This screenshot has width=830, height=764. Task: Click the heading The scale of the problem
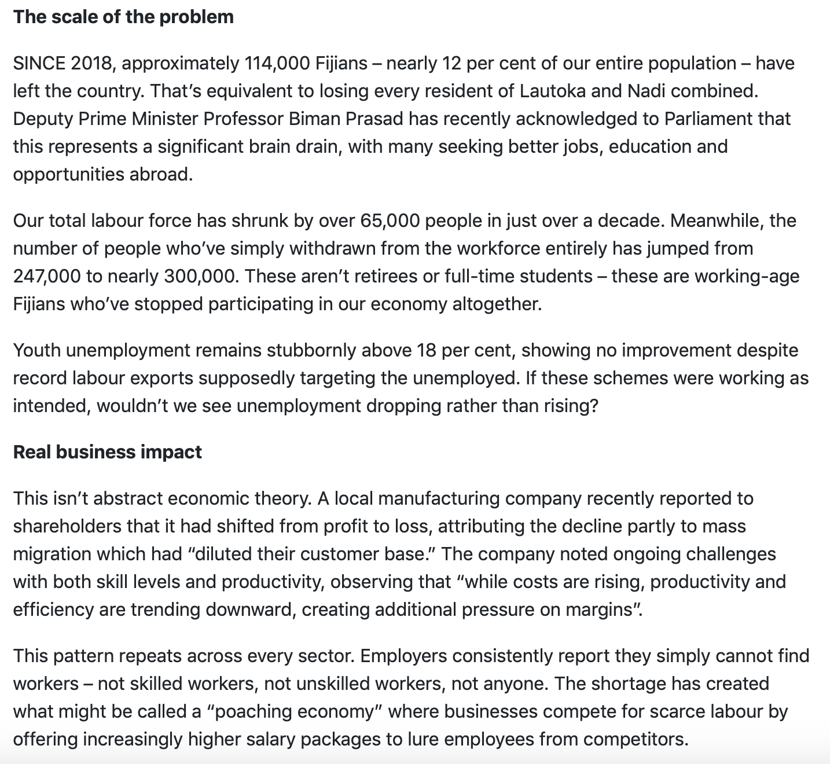[123, 17]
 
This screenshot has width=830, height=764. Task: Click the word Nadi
[644, 91]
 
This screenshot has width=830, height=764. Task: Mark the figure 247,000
[47, 276]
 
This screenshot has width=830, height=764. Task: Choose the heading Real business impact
[108, 452]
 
